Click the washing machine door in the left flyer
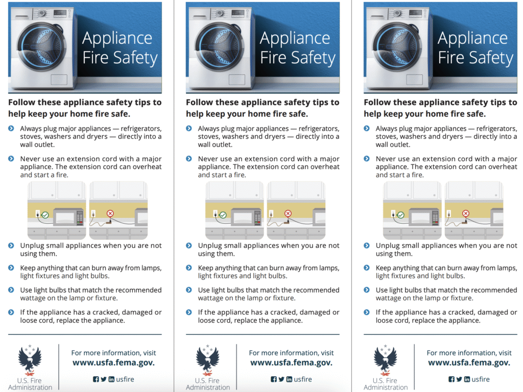(x=42, y=46)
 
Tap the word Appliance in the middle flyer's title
(x=295, y=38)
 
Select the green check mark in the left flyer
(x=45, y=215)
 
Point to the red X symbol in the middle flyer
(x=288, y=213)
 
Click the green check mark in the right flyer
(x=400, y=215)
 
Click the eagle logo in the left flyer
(x=30, y=360)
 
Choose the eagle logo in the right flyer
(x=385, y=360)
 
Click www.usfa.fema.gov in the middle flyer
(x=291, y=363)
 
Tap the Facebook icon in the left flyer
(x=96, y=379)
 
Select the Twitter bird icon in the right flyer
(x=459, y=379)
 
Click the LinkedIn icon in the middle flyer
(x=289, y=379)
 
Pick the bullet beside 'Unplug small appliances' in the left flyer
(x=11, y=246)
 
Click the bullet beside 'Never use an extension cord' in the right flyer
(x=367, y=159)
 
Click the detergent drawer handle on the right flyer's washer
(x=377, y=16)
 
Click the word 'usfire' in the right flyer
(x=481, y=379)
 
